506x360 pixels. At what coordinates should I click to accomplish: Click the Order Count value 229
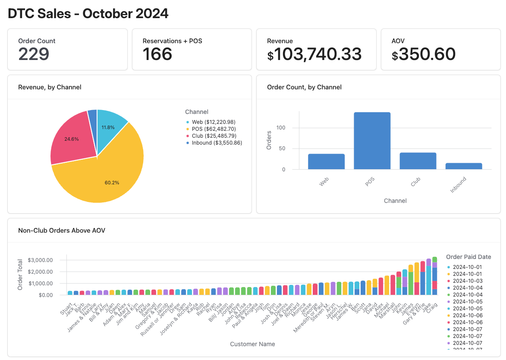tap(34, 54)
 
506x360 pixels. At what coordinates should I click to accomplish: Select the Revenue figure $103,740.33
tap(314, 54)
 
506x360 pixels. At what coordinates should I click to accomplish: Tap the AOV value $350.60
tap(424, 54)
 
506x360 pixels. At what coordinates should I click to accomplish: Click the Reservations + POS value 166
tap(157, 54)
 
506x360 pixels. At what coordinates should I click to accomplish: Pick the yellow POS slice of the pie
tap(108, 173)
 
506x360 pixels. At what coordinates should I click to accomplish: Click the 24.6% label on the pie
tap(72, 139)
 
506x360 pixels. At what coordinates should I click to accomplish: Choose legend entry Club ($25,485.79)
tap(214, 136)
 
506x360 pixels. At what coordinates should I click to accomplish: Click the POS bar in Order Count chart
tap(372, 141)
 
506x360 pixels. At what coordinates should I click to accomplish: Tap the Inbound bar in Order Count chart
tap(464, 166)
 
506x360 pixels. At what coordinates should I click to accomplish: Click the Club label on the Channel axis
tap(416, 182)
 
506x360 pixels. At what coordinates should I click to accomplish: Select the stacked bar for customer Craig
tap(434, 276)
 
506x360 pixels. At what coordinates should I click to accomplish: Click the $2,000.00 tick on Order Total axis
tap(40, 272)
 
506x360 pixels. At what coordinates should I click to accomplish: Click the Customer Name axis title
tap(252, 344)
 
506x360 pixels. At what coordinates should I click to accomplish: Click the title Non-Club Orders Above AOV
tap(62, 231)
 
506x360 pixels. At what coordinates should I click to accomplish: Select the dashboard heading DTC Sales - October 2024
tap(88, 14)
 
